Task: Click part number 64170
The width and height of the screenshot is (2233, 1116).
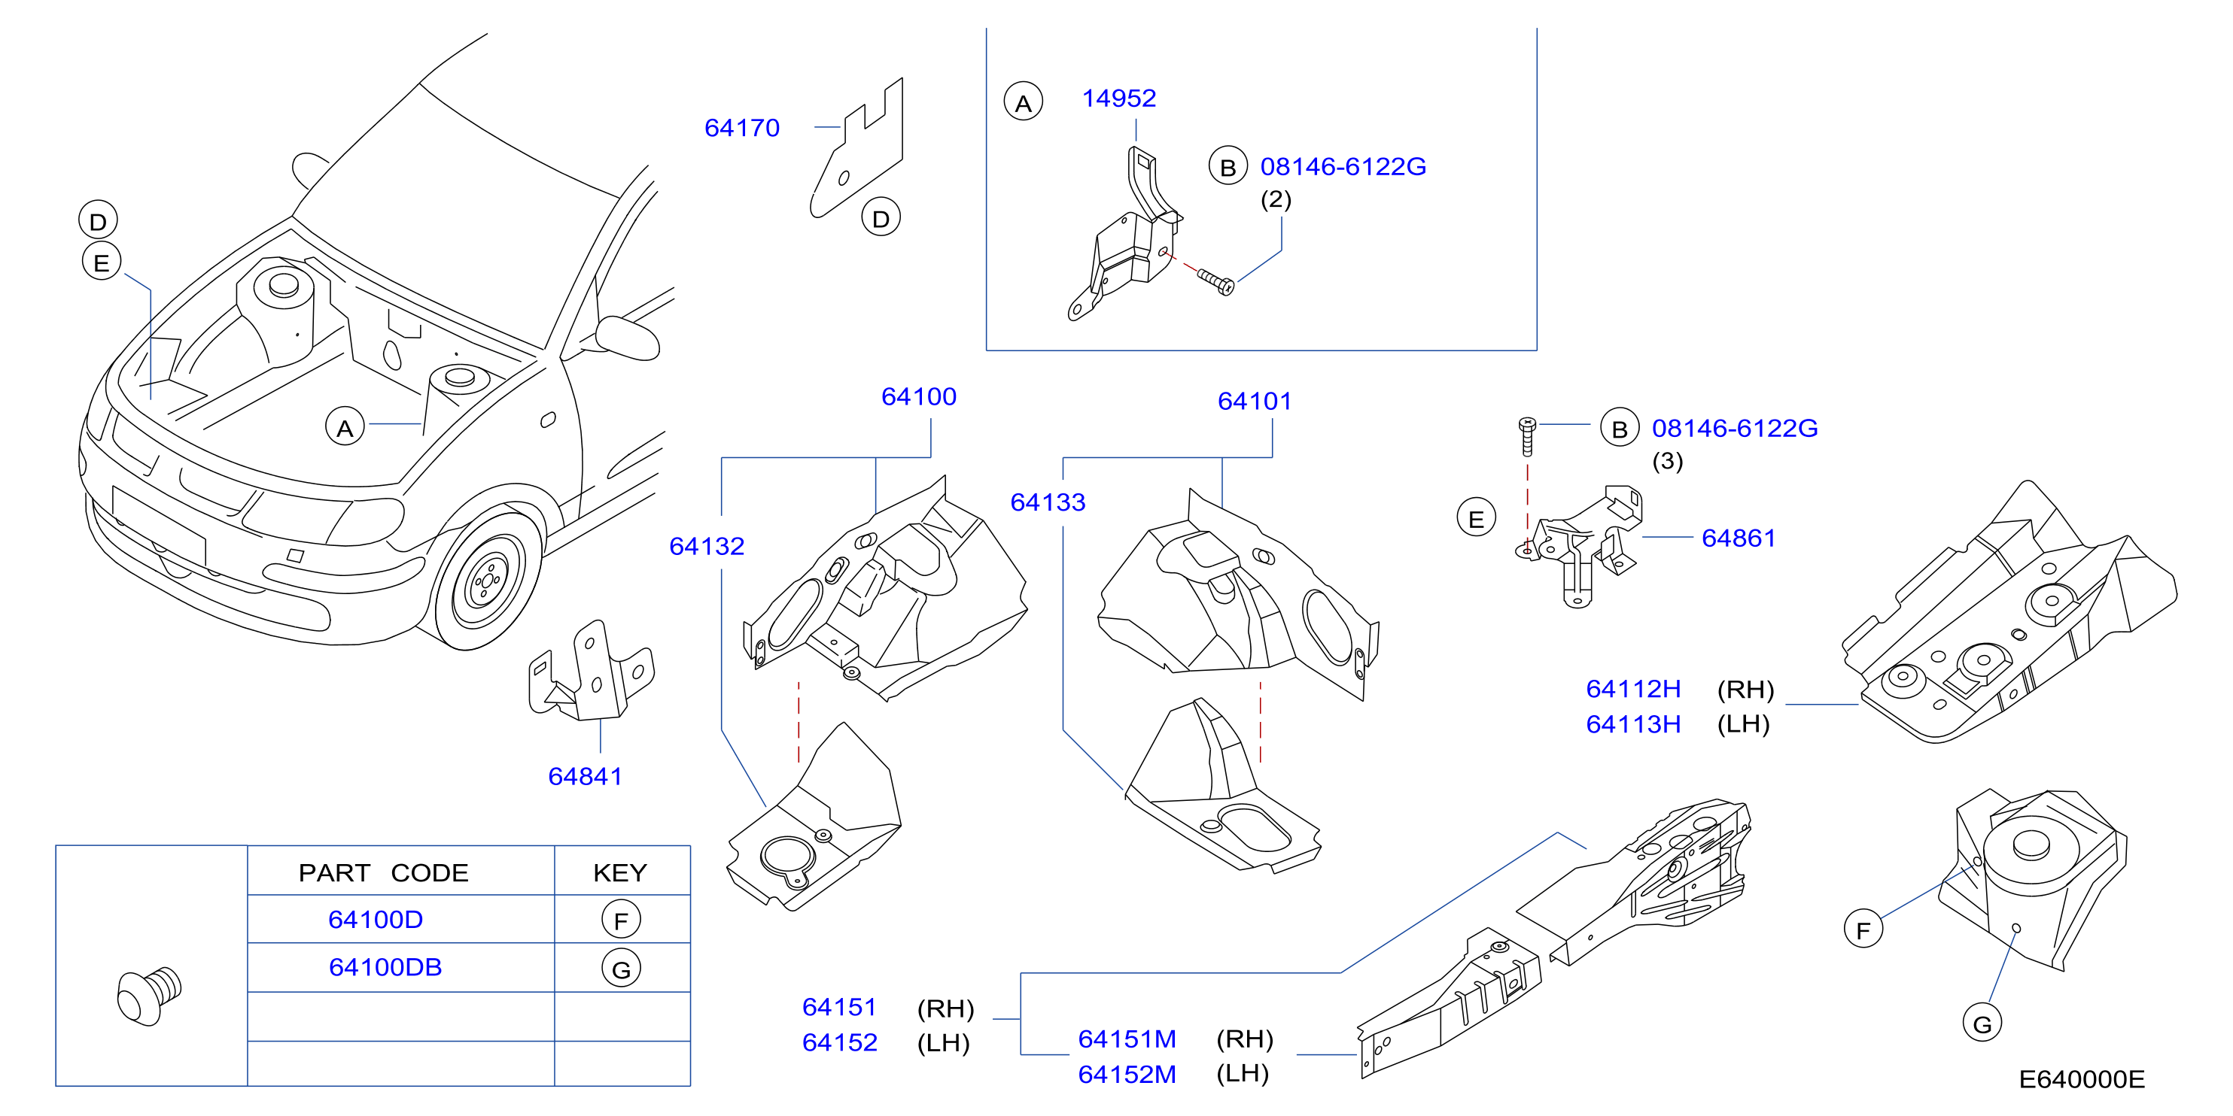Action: (x=742, y=129)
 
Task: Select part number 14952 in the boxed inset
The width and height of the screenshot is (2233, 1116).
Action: (x=1119, y=99)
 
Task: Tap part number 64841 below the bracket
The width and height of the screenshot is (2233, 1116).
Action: (x=585, y=776)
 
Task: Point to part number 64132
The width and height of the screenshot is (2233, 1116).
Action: (x=707, y=547)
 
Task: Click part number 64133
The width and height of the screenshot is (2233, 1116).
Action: (x=1048, y=502)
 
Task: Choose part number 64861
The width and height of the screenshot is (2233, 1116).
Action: (x=1739, y=538)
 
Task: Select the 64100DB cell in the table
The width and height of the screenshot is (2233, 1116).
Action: (x=386, y=967)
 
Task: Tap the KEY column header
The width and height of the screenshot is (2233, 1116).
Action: (x=620, y=872)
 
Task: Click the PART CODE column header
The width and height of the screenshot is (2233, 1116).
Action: (x=383, y=872)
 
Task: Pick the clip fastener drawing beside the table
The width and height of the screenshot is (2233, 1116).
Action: (x=149, y=996)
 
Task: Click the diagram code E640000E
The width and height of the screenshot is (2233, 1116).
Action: (x=2082, y=1080)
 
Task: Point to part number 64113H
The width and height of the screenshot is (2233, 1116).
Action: (x=1633, y=724)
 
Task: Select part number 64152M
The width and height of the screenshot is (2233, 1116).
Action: (x=1127, y=1075)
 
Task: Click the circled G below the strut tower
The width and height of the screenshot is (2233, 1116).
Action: (x=1982, y=1024)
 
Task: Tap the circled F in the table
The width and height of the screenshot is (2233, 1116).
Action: (x=622, y=920)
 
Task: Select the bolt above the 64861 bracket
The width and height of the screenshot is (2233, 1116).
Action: (x=1527, y=437)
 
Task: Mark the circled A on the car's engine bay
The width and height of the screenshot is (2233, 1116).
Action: (x=345, y=427)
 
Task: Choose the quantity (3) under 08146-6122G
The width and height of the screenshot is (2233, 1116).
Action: (x=1667, y=461)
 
